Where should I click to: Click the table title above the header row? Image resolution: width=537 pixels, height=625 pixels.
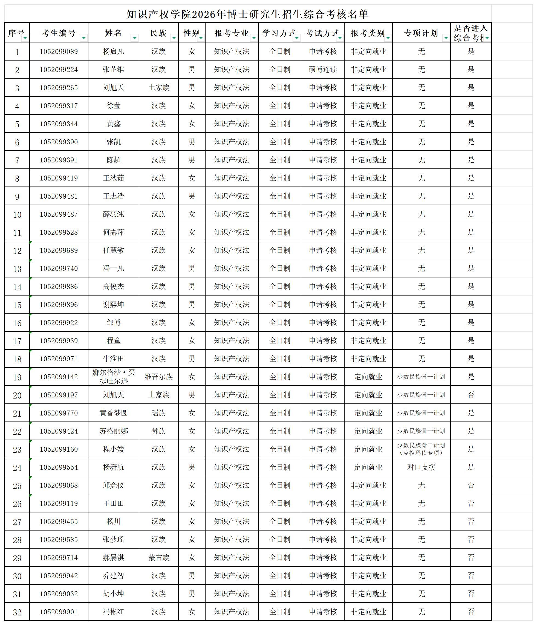coord(247,14)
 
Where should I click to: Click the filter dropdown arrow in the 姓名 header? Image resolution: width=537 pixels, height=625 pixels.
coord(134,38)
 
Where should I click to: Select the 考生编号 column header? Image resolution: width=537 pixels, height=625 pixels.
coord(59,33)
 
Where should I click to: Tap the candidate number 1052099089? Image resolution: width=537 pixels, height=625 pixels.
coord(59,51)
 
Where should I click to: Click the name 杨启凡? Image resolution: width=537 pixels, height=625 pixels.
coord(113,51)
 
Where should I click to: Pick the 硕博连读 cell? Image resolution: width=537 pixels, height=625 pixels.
coord(323,70)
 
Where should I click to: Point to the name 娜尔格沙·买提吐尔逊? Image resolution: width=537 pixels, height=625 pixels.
coord(113,377)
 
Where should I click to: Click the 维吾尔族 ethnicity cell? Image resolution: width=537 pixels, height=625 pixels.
coord(158,377)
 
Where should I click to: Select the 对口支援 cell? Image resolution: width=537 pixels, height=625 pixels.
coord(421,467)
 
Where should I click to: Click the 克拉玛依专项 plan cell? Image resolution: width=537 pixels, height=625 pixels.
coord(421,449)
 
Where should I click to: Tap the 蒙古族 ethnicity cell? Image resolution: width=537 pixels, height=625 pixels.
coord(158,558)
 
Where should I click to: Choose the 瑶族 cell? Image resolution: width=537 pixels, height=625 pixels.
coord(158,413)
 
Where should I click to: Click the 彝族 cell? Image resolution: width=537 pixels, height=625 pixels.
coord(158,431)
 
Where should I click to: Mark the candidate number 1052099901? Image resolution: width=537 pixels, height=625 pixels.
coord(59,612)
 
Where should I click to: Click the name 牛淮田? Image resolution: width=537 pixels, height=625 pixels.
coord(113,359)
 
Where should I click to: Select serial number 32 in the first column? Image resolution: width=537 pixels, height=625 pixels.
coord(17,612)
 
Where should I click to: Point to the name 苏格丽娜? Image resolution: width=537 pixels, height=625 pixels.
coord(113,431)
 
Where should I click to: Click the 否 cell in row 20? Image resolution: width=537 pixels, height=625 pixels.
coord(471,395)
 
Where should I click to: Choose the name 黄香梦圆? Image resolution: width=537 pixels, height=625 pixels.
coord(113,413)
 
